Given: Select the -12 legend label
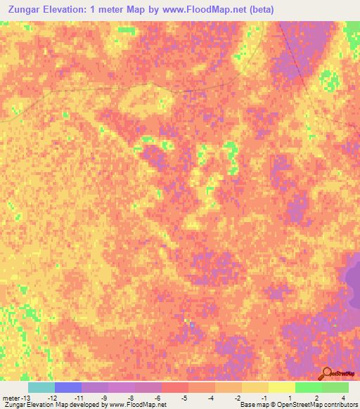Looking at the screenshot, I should coord(51,397).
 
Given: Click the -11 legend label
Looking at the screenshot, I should coord(78,397).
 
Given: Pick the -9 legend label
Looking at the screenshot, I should coord(104,397).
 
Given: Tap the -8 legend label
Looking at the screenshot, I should coord(131,397).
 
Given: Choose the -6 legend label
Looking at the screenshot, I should coord(157,397).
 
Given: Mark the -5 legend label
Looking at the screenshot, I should coord(184,397).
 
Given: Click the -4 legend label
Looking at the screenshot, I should coord(211,397).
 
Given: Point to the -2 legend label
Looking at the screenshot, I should coord(238,397).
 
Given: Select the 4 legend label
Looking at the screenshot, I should coord(344,397).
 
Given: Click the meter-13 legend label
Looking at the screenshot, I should coord(15,397).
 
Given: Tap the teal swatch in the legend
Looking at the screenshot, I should coord(41,387).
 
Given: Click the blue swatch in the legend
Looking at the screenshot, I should coord(68,387).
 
